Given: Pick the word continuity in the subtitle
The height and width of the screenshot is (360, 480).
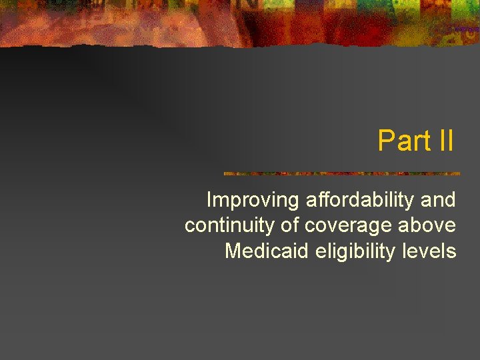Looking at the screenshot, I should click(229, 225).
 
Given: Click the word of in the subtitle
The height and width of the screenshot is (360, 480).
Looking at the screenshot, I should click(291, 225).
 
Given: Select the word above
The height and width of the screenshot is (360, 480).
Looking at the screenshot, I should click(428, 225).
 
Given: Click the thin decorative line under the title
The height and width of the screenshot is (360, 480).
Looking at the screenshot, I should click(341, 173).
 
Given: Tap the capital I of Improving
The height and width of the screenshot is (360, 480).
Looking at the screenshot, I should click(209, 199).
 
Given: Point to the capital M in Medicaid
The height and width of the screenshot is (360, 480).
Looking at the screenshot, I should click(233, 251).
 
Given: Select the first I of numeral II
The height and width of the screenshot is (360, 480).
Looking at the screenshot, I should click(441, 141).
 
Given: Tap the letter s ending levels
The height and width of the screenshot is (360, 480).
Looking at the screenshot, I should click(452, 252).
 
